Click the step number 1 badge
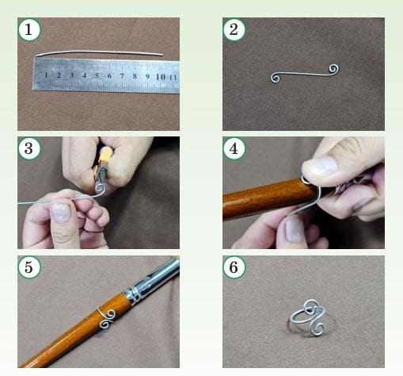[x=29, y=29]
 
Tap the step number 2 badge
[x=234, y=29]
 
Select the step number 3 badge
[x=29, y=148]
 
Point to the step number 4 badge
[x=234, y=148]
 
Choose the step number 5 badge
[x=29, y=267]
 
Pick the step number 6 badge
[x=234, y=267]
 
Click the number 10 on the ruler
[x=161, y=77]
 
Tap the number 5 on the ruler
[x=97, y=75]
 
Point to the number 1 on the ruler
[x=46, y=75]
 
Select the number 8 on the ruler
[x=135, y=76]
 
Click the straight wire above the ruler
[x=99, y=52]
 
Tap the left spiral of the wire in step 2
[x=276, y=78]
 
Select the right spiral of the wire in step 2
[x=334, y=69]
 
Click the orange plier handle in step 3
[x=105, y=158]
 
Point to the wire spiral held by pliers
[x=100, y=188]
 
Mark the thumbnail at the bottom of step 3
[x=61, y=213]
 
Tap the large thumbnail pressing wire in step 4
[x=323, y=167]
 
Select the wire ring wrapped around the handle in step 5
[x=107, y=318]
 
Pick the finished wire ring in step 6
[x=308, y=318]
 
